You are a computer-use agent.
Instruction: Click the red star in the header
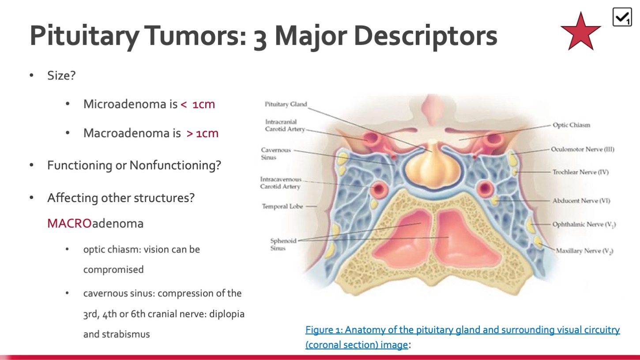tap(580, 32)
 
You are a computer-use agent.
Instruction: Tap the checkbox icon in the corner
tap(622, 17)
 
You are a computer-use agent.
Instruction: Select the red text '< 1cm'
tap(198, 104)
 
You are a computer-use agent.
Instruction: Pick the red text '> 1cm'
tap(202, 133)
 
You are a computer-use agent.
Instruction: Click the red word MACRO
tap(69, 223)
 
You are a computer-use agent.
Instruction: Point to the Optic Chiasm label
tap(571, 125)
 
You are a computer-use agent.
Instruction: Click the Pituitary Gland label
tap(286, 104)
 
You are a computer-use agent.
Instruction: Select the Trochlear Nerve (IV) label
tap(580, 172)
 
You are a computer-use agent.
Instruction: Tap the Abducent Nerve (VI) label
tap(581, 201)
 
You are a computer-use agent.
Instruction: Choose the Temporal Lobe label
tap(282, 206)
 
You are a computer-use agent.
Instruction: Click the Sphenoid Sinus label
tap(283, 244)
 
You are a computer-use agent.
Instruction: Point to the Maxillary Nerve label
tap(584, 251)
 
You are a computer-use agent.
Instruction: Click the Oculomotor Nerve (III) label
tap(583, 149)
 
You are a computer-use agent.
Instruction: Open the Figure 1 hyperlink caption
tap(462, 337)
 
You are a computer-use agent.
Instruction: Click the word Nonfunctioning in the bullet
tap(175, 165)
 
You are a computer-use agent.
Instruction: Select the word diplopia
tap(227, 314)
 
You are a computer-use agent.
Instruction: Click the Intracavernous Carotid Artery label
tap(281, 183)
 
